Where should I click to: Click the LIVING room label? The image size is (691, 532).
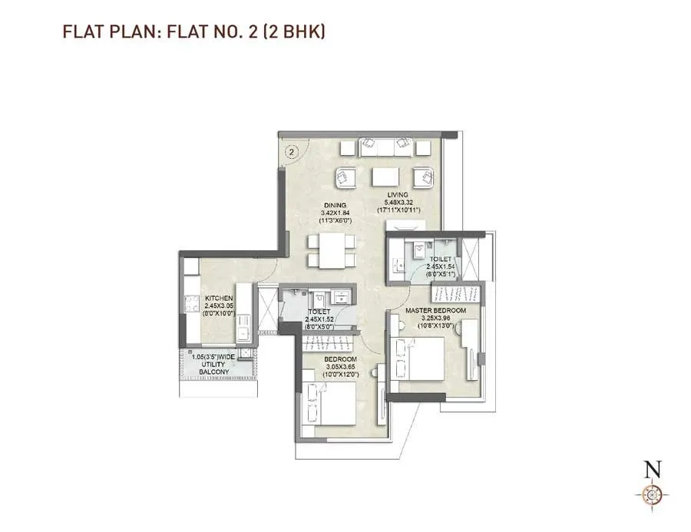click(x=397, y=194)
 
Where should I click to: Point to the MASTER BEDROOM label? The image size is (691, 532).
click(x=435, y=309)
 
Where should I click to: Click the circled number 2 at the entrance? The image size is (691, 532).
click(x=291, y=151)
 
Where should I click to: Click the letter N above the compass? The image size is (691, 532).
click(x=653, y=468)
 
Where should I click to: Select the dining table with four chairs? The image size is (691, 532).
click(x=332, y=250)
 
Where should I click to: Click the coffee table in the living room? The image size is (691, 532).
click(x=385, y=177)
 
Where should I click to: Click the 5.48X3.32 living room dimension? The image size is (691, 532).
click(x=397, y=202)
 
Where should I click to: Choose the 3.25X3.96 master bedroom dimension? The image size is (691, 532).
click(x=435, y=317)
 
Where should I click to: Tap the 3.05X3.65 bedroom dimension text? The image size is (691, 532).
click(x=339, y=367)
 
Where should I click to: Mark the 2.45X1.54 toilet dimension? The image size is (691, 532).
click(x=441, y=266)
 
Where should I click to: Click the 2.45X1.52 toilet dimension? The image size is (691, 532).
click(x=319, y=318)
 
